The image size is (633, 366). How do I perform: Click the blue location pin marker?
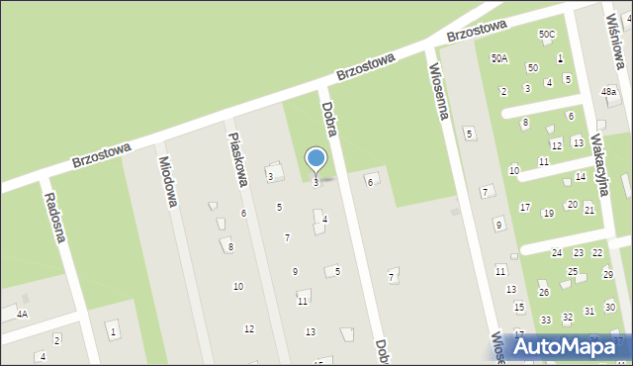point(316,159)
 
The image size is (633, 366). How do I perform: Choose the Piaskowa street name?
point(236,161)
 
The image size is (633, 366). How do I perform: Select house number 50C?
point(547,35)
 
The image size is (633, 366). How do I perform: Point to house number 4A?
point(22,314)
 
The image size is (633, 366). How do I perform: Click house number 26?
point(543,293)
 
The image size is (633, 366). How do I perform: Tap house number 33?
point(546,320)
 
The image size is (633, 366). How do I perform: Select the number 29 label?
point(607,273)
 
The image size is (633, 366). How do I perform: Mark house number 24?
point(557,253)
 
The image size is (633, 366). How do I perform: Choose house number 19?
point(548,214)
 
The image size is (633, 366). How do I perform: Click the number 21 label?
point(588,210)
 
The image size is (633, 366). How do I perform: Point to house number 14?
point(581,177)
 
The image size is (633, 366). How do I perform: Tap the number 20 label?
point(572,204)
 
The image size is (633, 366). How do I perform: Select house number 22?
point(596,253)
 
